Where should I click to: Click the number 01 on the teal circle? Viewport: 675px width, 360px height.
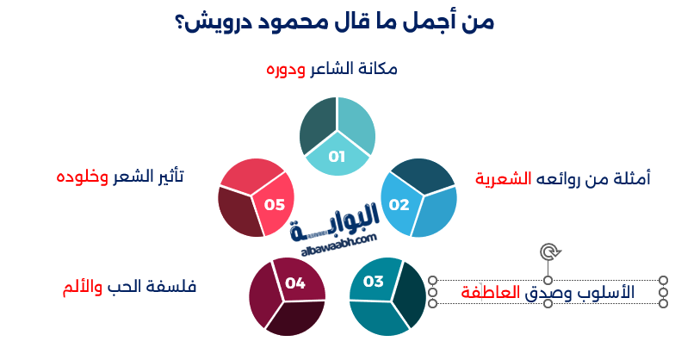[x=337, y=156]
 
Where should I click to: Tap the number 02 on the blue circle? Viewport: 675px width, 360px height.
[x=399, y=205]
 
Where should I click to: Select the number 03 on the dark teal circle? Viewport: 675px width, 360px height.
[x=373, y=281]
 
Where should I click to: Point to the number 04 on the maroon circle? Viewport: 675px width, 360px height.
[x=295, y=282]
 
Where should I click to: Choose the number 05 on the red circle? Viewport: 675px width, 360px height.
[x=275, y=205]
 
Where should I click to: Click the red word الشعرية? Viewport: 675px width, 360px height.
[x=502, y=179]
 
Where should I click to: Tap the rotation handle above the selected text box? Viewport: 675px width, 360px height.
[x=548, y=251]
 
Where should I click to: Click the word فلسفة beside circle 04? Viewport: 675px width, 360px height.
[x=176, y=286]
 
